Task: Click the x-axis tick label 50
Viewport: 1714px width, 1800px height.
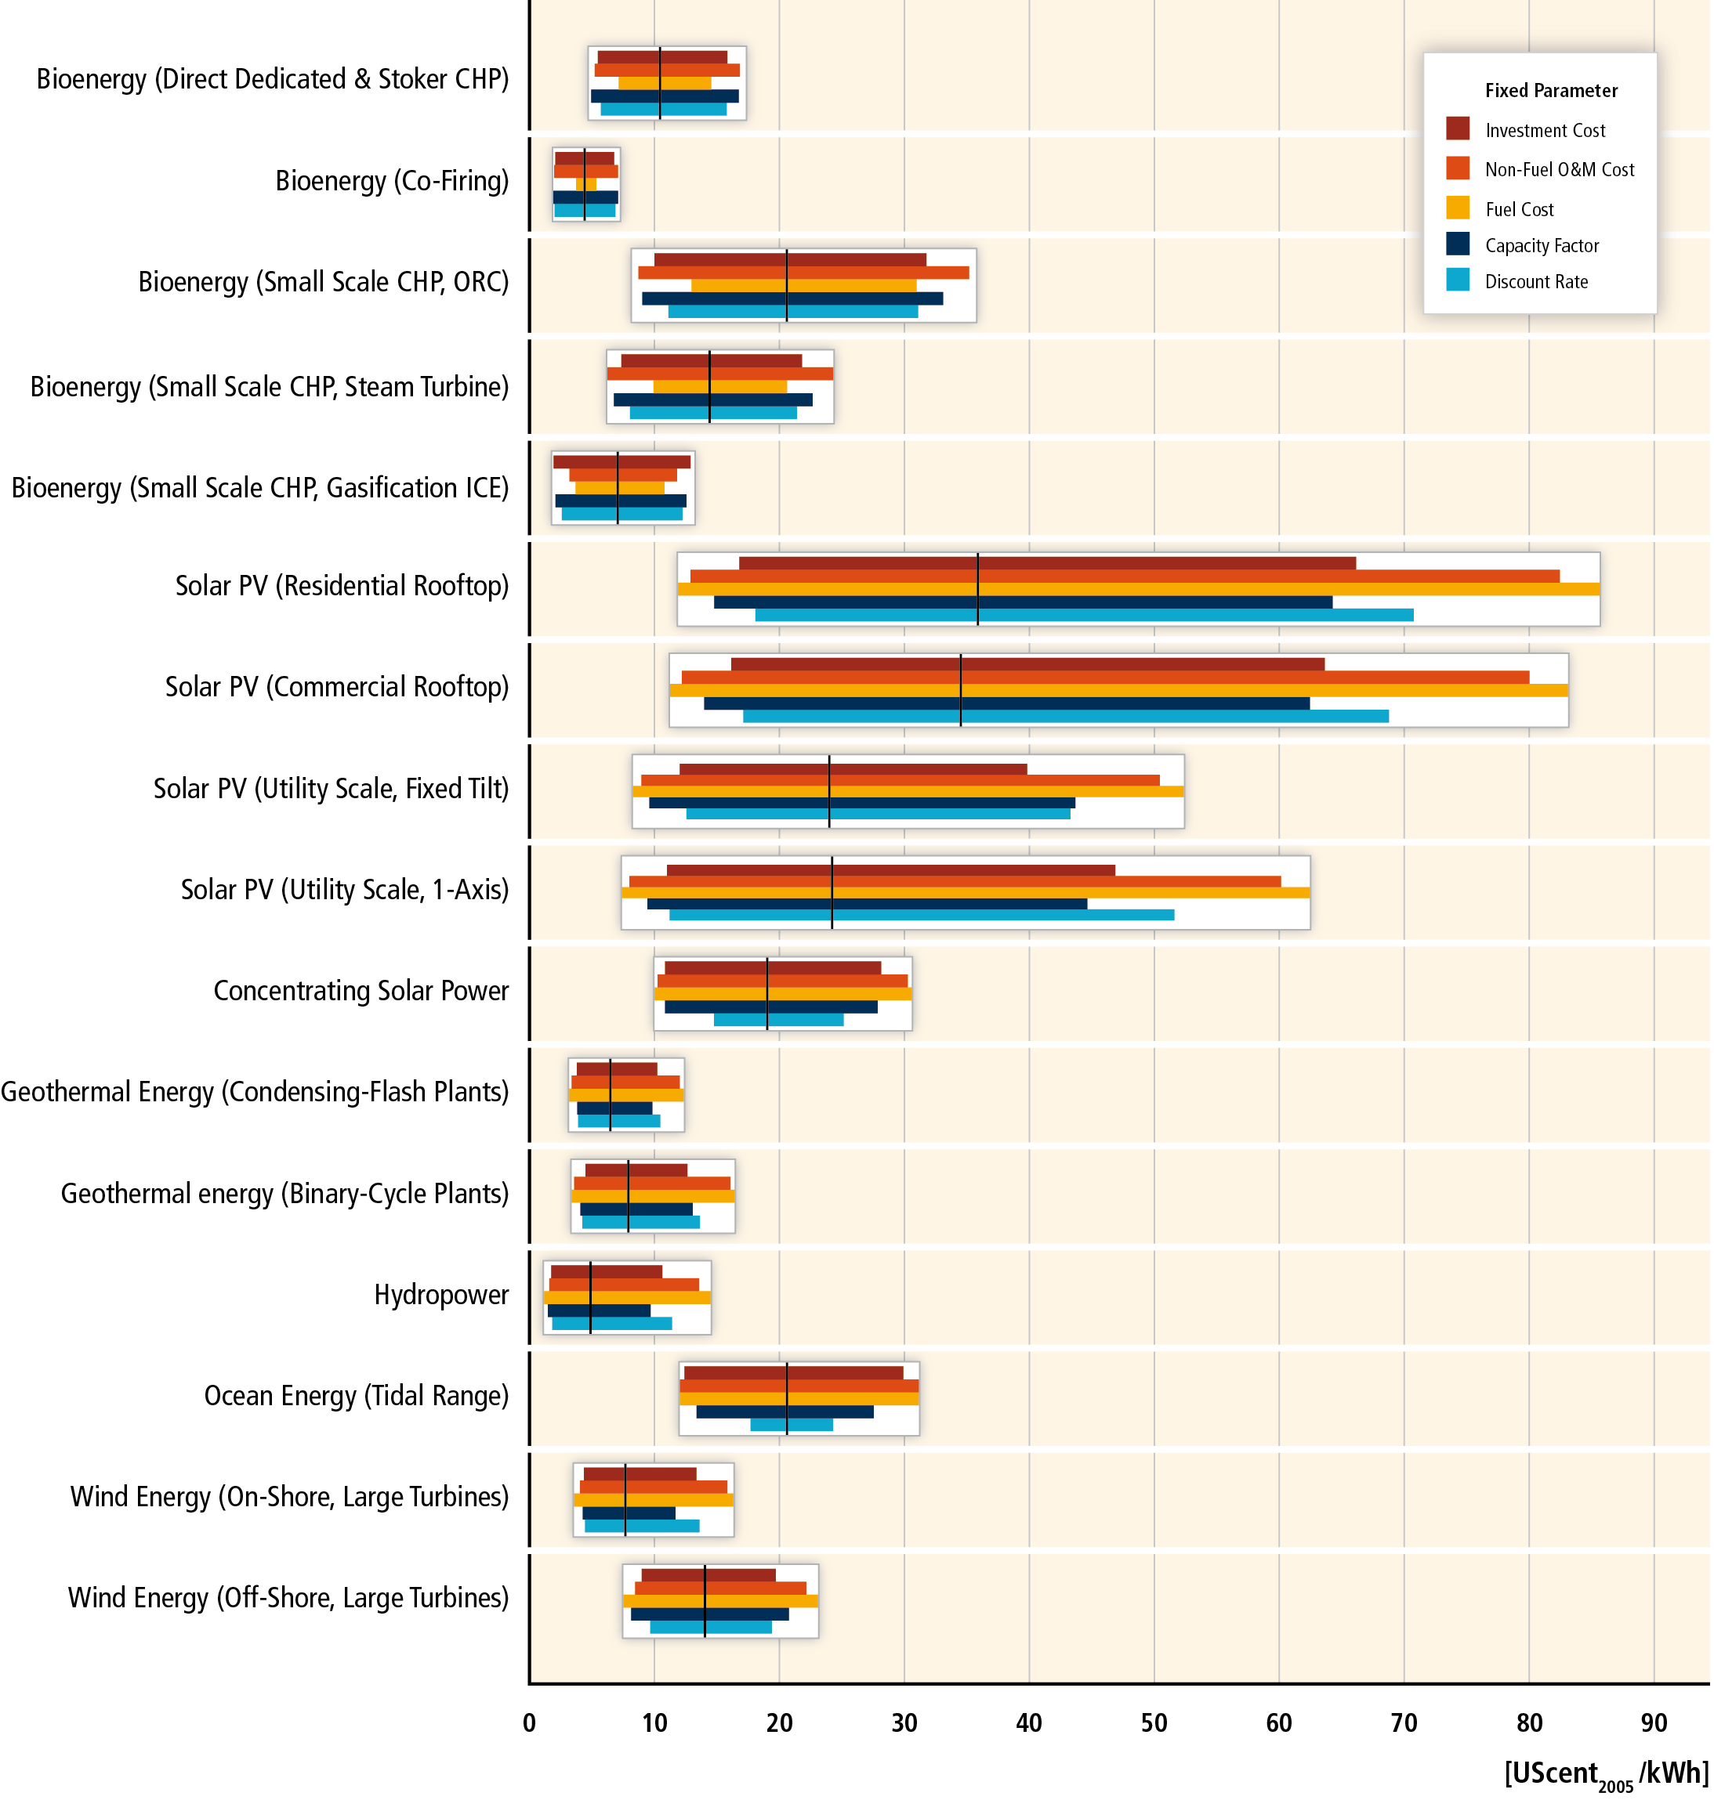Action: point(1153,1722)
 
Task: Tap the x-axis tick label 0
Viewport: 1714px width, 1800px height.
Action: point(529,1722)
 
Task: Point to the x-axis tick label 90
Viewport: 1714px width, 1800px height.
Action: point(1653,1722)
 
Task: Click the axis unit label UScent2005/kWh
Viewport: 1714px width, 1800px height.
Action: point(1605,1773)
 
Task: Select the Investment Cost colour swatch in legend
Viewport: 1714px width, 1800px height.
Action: point(1457,128)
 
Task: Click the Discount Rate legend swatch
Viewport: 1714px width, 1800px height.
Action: point(1457,280)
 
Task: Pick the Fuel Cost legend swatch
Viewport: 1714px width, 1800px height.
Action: point(1457,208)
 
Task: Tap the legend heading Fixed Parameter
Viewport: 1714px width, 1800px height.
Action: point(1550,90)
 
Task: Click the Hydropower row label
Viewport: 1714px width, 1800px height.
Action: point(440,1294)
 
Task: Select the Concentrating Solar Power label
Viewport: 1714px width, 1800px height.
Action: point(361,991)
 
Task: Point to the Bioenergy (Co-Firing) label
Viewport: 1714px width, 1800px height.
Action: point(392,181)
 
